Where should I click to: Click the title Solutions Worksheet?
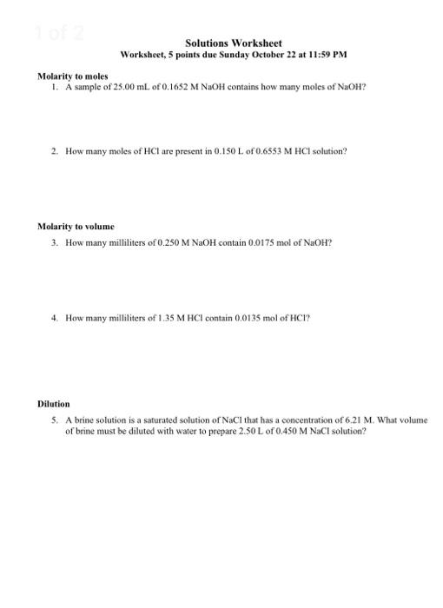(233, 43)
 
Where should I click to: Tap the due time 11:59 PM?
(326, 54)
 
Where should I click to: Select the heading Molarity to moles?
(72, 76)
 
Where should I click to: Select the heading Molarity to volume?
(76, 226)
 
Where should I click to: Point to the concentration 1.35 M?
(156, 318)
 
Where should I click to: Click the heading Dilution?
(54, 404)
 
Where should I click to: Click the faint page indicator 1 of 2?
(60, 33)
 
